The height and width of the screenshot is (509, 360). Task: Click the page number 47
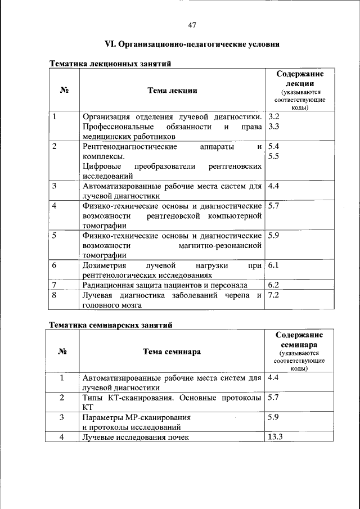192,25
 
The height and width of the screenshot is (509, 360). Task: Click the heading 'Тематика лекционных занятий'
110,64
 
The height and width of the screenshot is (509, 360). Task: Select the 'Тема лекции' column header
172,90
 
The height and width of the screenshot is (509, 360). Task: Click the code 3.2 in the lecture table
274,116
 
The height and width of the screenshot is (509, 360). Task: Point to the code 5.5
274,156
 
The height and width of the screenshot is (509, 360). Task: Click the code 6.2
274,285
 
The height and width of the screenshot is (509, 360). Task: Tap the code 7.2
274,295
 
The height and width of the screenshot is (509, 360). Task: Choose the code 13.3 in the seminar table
276,437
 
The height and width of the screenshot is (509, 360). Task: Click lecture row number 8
54,295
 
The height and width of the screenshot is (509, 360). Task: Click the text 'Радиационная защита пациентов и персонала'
165,285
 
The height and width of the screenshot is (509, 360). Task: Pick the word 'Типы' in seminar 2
92,398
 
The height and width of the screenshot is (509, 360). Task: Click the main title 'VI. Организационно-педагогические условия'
192,44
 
